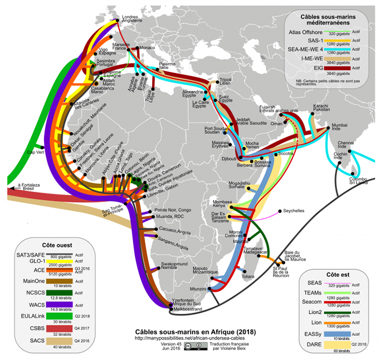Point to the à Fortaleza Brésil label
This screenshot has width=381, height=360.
27,187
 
